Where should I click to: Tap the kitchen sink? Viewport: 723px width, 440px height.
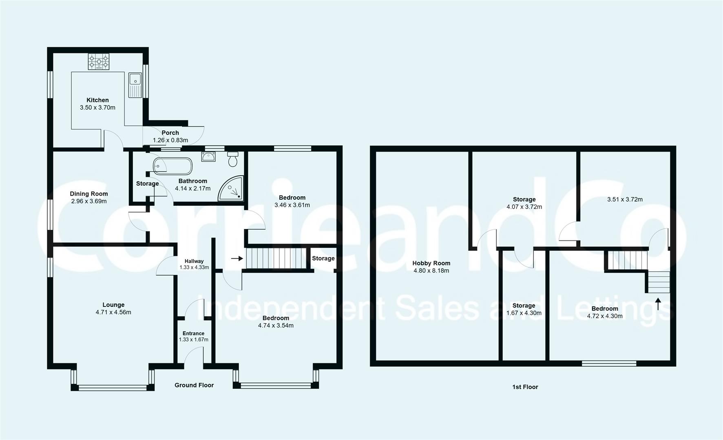click(135, 85)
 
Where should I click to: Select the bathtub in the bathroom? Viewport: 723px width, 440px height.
click(172, 166)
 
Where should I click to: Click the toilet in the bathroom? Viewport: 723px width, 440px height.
click(233, 159)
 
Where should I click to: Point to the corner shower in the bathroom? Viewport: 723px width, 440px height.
click(231, 189)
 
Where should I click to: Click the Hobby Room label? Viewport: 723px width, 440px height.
click(431, 263)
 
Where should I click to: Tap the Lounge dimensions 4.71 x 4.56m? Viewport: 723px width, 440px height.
click(113, 312)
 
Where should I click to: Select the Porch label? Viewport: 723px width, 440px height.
click(170, 133)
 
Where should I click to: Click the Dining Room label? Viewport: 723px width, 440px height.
click(89, 194)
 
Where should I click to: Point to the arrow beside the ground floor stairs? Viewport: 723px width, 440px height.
click(237, 258)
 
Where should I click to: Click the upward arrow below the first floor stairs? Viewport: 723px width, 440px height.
click(657, 304)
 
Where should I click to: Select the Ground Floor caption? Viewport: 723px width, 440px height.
click(194, 385)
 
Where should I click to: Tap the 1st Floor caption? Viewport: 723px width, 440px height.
click(525, 387)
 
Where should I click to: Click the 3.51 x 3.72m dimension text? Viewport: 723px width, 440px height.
click(625, 200)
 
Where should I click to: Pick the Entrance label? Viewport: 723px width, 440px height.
click(194, 333)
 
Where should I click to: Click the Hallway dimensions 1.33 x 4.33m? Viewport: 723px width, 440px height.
click(194, 268)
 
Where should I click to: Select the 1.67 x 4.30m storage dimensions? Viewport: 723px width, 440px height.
click(524, 313)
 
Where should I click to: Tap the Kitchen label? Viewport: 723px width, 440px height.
click(97, 100)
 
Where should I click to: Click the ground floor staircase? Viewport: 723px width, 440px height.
click(276, 258)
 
